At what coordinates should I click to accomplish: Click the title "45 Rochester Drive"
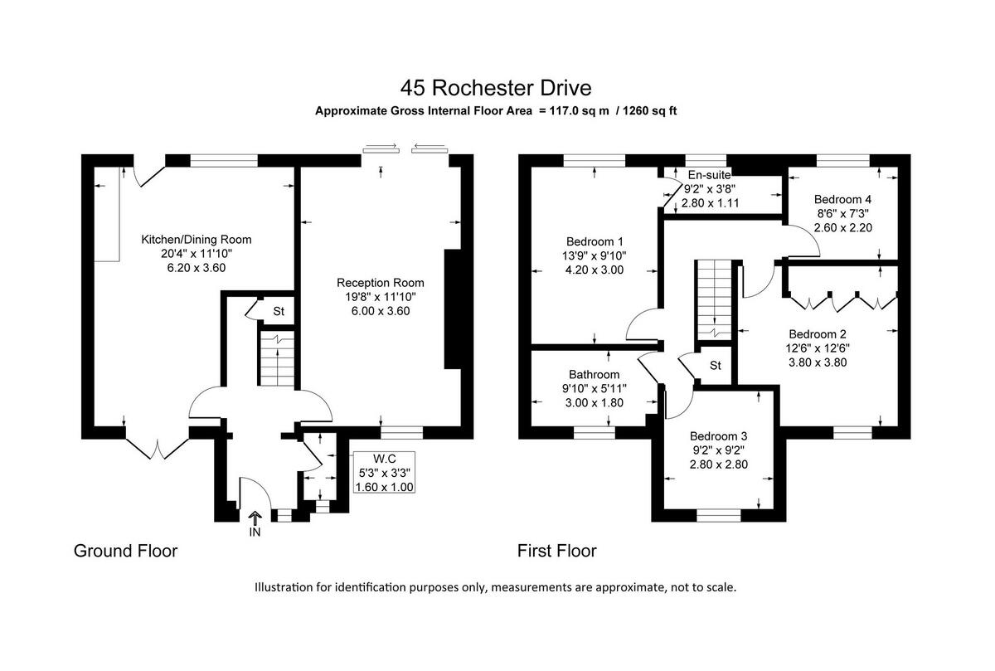pyautogui.click(x=497, y=87)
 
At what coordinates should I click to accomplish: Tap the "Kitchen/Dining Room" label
pyautogui.click(x=196, y=239)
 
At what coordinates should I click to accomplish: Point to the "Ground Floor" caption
pyautogui.click(x=125, y=551)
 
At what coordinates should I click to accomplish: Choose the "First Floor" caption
pyautogui.click(x=556, y=551)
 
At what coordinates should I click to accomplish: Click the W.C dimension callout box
pyautogui.click(x=383, y=472)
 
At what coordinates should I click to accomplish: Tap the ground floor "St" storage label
pyautogui.click(x=279, y=312)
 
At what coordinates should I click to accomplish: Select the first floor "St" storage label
pyautogui.click(x=716, y=365)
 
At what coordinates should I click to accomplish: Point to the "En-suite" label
pyautogui.click(x=711, y=175)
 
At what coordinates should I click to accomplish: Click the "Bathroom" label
pyautogui.click(x=594, y=374)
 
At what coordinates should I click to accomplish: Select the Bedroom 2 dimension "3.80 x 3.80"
pyautogui.click(x=817, y=362)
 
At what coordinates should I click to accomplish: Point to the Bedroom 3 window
pyautogui.click(x=718, y=515)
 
